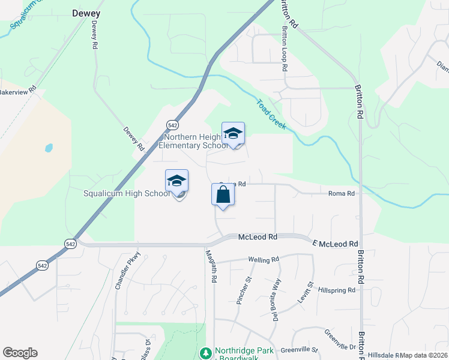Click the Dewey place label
[x=86, y=13]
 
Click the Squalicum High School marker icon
[x=177, y=181]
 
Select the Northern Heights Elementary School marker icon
[x=233, y=134]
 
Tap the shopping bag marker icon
[x=223, y=195]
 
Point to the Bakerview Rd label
[x=17, y=92]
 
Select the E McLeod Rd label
[x=335, y=244]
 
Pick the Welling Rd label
[x=264, y=260]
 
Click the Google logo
[x=20, y=353]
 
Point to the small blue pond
[x=49, y=148]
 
